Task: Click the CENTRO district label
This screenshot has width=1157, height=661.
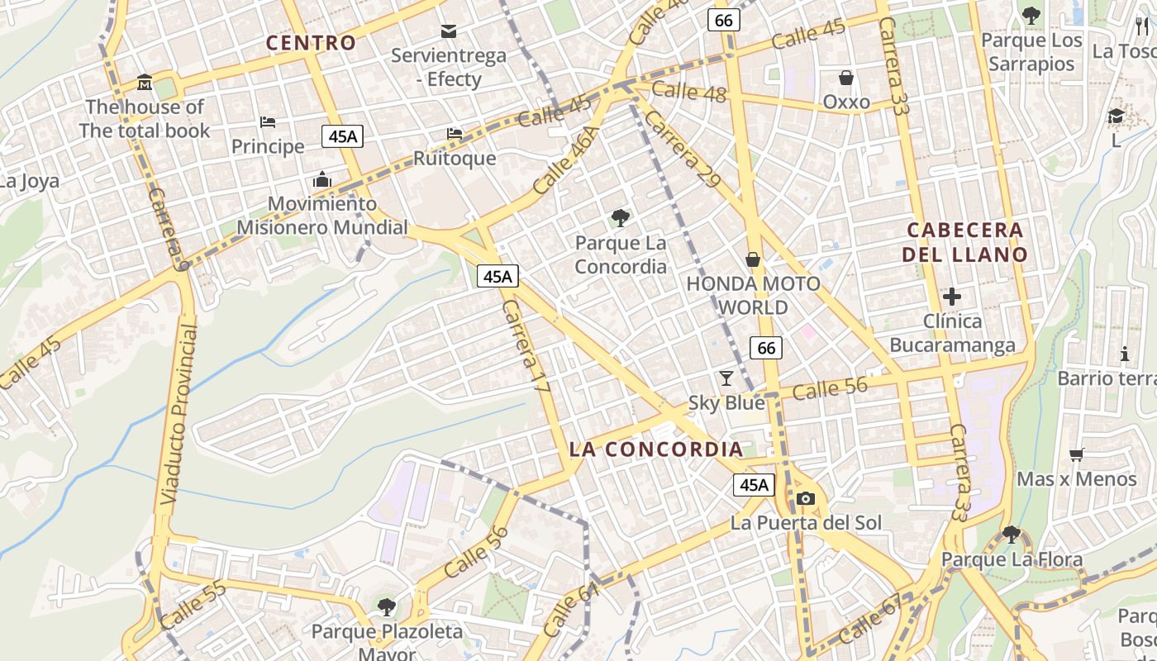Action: [311, 43]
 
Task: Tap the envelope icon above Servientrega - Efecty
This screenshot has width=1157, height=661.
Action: [449, 31]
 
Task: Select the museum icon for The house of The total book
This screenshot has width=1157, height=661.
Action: [145, 83]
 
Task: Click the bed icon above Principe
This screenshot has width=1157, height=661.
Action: [268, 122]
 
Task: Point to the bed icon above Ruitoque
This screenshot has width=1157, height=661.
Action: [455, 133]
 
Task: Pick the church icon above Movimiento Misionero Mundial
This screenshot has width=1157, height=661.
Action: [321, 179]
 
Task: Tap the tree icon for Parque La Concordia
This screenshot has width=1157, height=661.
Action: [620, 218]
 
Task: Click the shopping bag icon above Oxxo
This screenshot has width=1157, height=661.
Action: [846, 78]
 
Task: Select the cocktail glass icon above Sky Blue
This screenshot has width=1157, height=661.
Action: [726, 378]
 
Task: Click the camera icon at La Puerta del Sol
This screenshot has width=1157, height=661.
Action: [806, 498]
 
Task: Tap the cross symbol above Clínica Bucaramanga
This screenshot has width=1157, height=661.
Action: [952, 296]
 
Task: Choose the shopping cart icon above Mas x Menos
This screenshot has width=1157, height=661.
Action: [1076, 454]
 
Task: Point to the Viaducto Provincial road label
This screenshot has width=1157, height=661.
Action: [180, 416]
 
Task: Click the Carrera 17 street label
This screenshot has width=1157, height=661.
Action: [526, 345]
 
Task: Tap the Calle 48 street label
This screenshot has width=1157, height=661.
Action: [688, 92]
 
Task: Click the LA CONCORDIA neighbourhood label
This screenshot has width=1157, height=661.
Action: [656, 449]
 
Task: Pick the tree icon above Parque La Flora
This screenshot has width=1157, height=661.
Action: [1011, 535]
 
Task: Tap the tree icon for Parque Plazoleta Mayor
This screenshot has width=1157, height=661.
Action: [386, 608]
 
